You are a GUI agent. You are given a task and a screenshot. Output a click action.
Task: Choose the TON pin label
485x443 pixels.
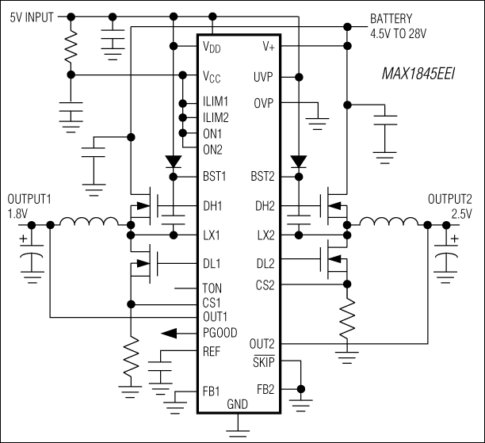point(213,288)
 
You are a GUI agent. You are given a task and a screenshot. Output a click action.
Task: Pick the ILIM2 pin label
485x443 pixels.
point(216,118)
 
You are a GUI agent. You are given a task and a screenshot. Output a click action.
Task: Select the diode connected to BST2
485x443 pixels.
point(298,162)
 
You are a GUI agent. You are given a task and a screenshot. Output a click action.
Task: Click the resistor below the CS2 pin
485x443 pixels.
point(346,316)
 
